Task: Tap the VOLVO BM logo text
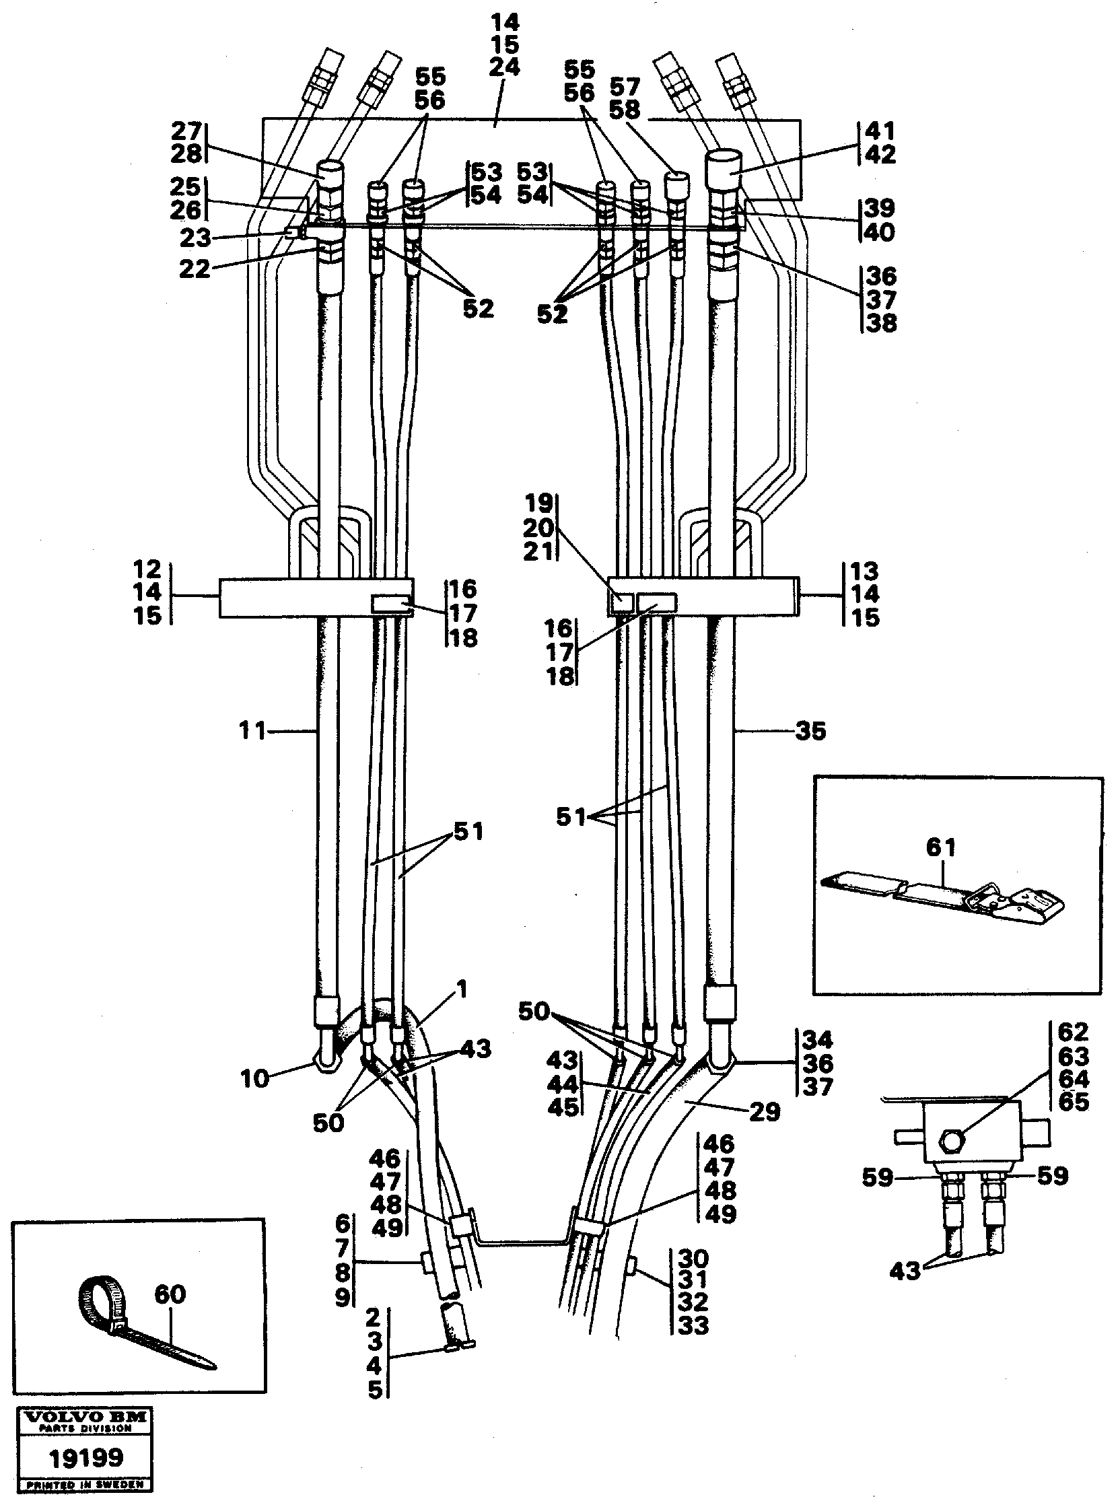coord(85,1415)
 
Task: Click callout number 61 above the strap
coord(941,847)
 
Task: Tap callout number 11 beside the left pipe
coord(252,732)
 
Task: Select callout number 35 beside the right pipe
coord(810,732)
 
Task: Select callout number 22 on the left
coord(195,270)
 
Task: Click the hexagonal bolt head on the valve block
coord(951,1145)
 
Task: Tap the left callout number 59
coord(878,1178)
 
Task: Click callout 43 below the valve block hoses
coord(906,1271)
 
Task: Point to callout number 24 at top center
coord(503,68)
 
